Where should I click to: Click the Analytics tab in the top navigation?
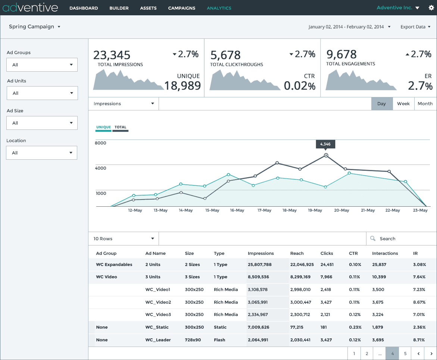click(x=219, y=8)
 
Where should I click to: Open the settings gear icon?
click(x=431, y=8)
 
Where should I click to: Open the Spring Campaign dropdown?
click(x=35, y=27)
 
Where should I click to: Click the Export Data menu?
click(x=415, y=27)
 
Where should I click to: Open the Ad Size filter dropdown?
click(x=42, y=123)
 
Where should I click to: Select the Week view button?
click(x=403, y=104)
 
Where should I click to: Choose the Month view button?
click(x=425, y=104)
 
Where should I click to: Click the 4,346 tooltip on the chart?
click(x=325, y=144)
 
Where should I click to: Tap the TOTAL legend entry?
click(x=121, y=127)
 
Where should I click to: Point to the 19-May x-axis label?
click(x=315, y=210)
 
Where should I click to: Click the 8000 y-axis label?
click(x=100, y=143)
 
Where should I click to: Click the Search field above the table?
click(x=401, y=238)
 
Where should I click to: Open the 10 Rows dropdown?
click(x=124, y=238)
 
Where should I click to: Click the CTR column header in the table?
click(x=353, y=253)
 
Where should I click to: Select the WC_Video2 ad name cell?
click(x=158, y=302)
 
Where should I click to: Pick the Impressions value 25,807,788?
click(x=259, y=264)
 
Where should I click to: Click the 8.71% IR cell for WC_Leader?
click(x=419, y=340)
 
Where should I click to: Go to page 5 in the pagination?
click(x=405, y=353)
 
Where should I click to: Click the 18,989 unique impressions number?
click(x=182, y=86)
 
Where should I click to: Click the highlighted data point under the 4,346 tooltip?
click(x=326, y=155)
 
